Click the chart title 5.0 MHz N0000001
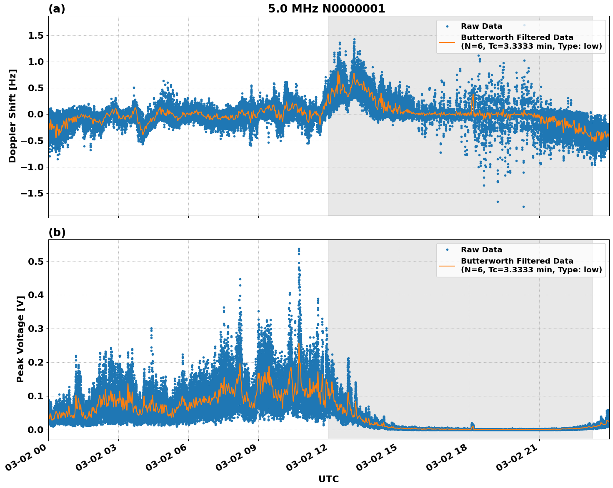click(326, 9)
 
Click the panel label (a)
click(57, 9)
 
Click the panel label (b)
click(57, 232)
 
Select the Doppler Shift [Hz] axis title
click(13, 116)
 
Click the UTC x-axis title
click(328, 479)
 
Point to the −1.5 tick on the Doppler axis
click(33, 194)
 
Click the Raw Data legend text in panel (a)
click(481, 26)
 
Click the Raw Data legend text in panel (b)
click(481, 250)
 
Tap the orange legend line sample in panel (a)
click(447, 42)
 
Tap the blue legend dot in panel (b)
click(447, 250)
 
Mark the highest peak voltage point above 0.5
click(299, 249)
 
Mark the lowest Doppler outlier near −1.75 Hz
click(523, 207)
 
